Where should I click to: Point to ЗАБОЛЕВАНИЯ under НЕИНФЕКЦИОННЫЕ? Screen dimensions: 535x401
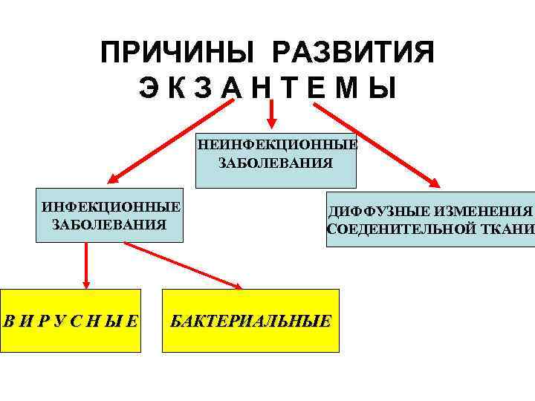(x=276, y=163)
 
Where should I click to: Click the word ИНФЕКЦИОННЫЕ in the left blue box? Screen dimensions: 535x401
(x=111, y=206)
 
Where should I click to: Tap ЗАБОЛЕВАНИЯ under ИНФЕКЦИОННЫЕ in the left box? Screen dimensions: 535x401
(x=110, y=224)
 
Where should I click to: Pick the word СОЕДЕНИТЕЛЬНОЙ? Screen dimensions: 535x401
(x=397, y=229)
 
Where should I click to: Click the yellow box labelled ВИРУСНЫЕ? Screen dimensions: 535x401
(x=71, y=320)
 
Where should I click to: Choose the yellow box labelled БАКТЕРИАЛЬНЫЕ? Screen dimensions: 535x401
(x=250, y=320)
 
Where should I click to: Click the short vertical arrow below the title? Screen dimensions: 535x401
(x=272, y=116)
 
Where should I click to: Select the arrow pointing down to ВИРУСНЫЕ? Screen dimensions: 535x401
(x=87, y=264)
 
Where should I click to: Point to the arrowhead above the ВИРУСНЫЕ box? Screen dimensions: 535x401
(x=87, y=283)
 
